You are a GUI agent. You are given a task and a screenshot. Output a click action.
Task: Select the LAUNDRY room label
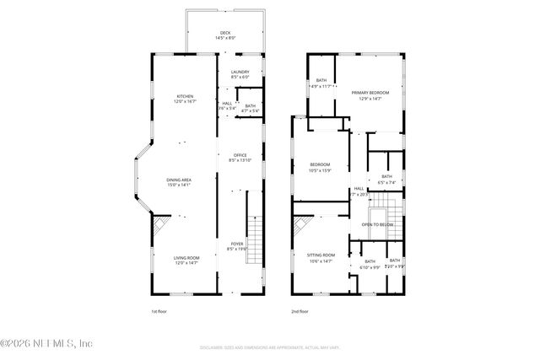tap(240, 73)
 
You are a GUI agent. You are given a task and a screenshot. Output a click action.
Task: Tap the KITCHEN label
tap(186, 95)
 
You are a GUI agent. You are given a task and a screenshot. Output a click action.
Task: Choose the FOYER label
tap(237, 244)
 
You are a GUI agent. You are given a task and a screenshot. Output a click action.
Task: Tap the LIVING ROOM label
tap(186, 258)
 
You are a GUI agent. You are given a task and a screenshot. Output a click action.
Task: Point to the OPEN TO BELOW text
tap(379, 224)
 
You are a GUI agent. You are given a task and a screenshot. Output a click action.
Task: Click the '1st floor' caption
tap(160, 310)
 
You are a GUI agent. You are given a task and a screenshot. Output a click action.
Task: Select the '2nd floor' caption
tap(300, 310)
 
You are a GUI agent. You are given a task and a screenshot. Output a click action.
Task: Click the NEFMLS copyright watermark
tap(46, 343)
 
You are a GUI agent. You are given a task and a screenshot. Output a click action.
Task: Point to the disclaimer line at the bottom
tap(270, 347)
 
